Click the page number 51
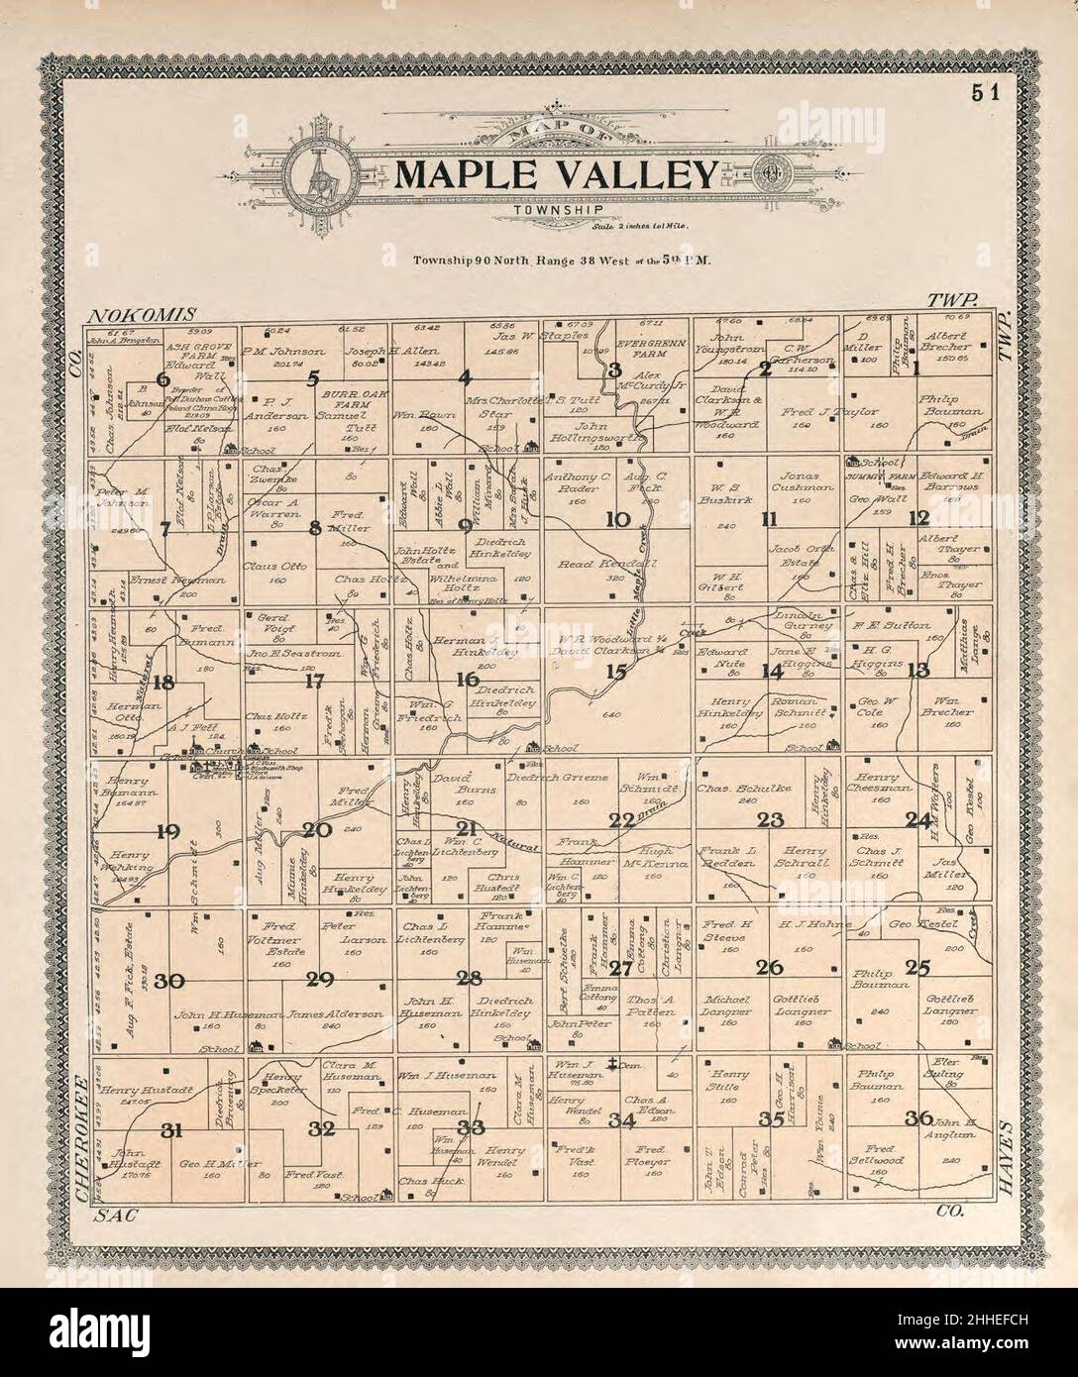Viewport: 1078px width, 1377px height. tap(985, 94)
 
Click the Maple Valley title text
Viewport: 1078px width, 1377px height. tap(556, 175)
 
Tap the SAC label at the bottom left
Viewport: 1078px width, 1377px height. tap(112, 1214)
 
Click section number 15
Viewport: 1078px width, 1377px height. tap(617, 671)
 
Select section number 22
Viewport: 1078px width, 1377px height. tap(621, 819)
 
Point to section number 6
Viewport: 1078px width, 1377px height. tap(164, 379)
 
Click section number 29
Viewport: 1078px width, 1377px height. tap(319, 980)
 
